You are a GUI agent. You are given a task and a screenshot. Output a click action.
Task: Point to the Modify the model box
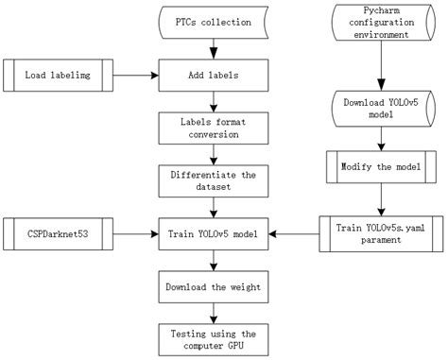[x=380, y=166]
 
